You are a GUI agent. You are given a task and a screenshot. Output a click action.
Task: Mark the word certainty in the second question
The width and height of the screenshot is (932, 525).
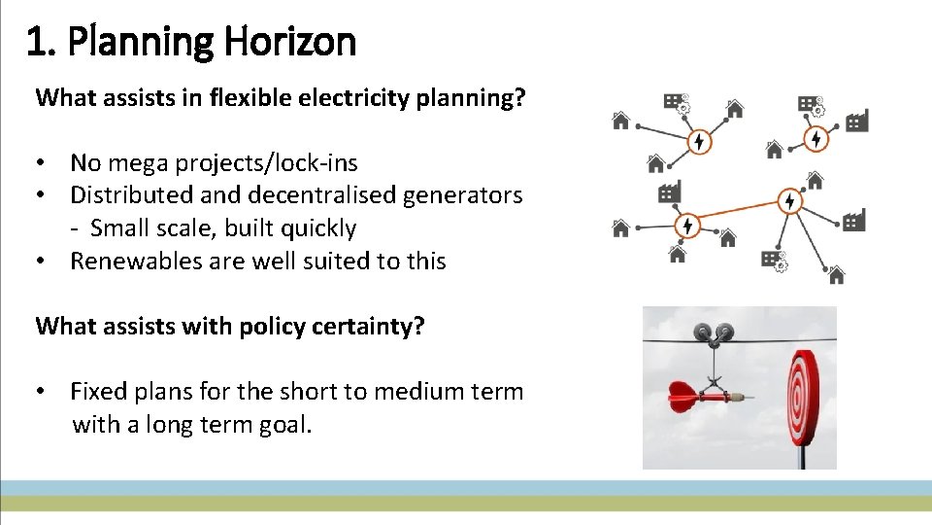[372, 326]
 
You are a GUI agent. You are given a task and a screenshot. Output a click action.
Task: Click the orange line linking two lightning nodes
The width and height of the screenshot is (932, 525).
[738, 213]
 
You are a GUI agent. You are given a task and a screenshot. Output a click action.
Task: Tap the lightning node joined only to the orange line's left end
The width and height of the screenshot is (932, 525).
[687, 226]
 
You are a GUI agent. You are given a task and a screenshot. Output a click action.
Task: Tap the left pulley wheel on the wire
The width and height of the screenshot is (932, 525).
[703, 334]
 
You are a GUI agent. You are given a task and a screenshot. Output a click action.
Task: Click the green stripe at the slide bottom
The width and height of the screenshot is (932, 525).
[466, 503]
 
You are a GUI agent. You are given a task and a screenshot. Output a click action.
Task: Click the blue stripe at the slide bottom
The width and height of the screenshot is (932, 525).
[466, 487]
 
